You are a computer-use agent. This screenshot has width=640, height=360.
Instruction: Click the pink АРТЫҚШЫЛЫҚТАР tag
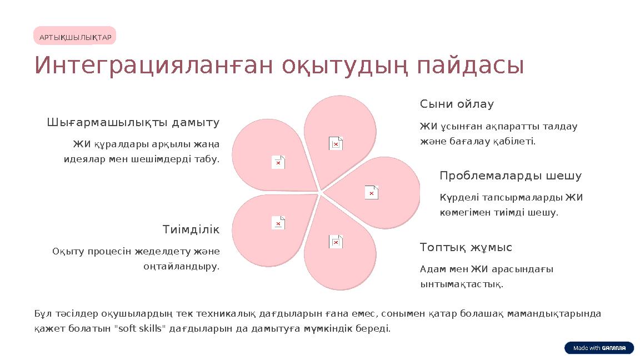[75, 37]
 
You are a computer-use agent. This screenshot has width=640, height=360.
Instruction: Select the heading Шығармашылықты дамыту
[133, 122]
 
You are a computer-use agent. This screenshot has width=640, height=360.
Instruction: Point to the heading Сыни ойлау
[457, 104]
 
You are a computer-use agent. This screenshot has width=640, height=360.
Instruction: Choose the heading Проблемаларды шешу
[511, 176]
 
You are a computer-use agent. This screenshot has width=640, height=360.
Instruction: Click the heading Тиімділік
[191, 229]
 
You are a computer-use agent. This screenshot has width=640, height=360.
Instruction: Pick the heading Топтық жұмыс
[466, 247]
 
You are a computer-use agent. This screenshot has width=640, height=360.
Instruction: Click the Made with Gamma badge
[599, 348]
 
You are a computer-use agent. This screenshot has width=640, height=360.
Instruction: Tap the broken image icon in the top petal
[336, 143]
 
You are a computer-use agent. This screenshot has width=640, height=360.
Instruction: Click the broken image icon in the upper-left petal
[278, 162]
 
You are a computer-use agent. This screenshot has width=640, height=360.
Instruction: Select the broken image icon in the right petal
[372, 192]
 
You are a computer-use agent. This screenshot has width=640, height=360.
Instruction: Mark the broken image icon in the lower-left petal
[278, 223]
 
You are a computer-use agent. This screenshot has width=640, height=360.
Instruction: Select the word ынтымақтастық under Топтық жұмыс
[462, 284]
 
